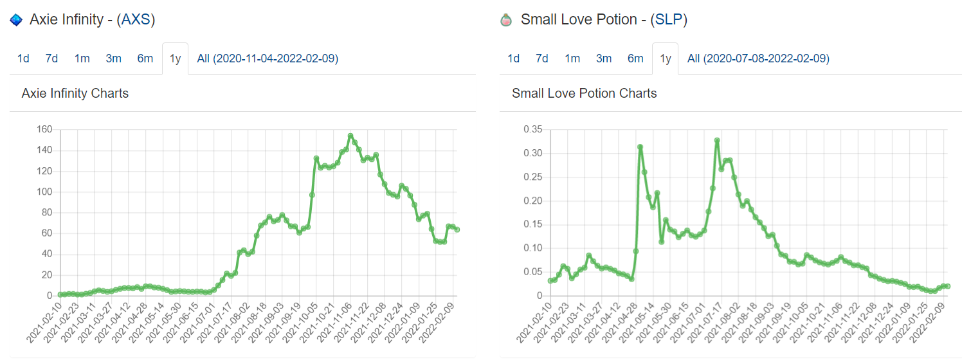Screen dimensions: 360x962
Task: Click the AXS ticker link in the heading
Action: tap(136, 20)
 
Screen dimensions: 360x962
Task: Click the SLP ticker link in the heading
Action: tap(668, 20)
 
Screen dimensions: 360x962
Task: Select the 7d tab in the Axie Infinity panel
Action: tap(51, 59)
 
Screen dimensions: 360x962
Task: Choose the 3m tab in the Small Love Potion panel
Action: tap(603, 59)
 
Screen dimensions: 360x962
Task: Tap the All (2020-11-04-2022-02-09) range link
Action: tap(268, 59)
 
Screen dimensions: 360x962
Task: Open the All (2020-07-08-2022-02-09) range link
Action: tap(758, 59)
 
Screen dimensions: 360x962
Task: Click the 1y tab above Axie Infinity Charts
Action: tap(175, 59)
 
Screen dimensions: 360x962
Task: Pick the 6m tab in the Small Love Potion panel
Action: tap(635, 59)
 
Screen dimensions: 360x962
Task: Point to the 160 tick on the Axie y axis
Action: tap(44, 130)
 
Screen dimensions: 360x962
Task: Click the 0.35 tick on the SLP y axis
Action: tap(534, 130)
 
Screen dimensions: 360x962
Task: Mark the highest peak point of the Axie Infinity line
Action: tap(350, 136)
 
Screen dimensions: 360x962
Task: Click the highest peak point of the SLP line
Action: tap(716, 141)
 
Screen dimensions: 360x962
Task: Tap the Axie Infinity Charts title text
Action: tap(75, 93)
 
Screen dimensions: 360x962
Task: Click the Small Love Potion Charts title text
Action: tap(584, 93)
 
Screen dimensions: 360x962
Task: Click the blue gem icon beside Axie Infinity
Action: tap(16, 21)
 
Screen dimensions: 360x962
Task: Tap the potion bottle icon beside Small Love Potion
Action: tap(507, 21)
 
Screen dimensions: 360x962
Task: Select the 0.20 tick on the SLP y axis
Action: tap(534, 201)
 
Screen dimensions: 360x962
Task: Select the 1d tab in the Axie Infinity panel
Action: tap(23, 59)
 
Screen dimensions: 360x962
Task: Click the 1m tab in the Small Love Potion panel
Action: tap(572, 59)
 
